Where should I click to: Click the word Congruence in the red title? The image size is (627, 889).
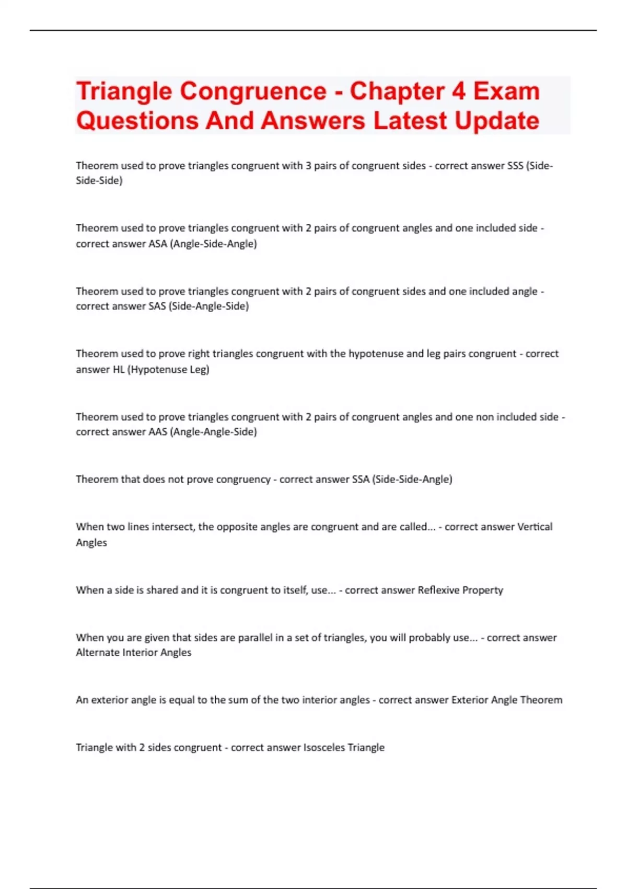pyautogui.click(x=253, y=92)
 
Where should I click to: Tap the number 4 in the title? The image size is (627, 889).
pyautogui.click(x=458, y=92)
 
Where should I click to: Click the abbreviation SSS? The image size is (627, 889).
pyautogui.click(x=515, y=166)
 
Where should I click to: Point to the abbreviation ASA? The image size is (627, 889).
pyautogui.click(x=158, y=244)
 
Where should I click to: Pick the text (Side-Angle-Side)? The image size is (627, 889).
pyautogui.click(x=208, y=306)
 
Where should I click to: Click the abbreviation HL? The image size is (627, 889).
pyautogui.click(x=119, y=369)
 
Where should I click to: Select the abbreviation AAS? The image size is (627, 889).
pyautogui.click(x=158, y=432)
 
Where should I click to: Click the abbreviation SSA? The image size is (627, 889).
pyautogui.click(x=361, y=480)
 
